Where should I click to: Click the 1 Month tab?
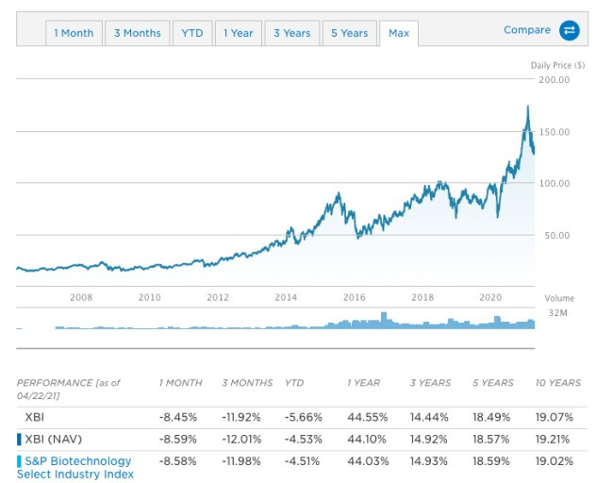click(74, 33)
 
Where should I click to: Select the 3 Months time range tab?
click(138, 33)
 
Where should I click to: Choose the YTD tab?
click(191, 33)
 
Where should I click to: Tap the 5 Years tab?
click(349, 33)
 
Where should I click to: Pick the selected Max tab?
click(399, 33)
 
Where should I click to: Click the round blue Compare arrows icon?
click(570, 31)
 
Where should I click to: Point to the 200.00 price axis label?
click(555, 80)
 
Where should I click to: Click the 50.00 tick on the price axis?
click(557, 235)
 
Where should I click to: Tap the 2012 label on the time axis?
click(219, 297)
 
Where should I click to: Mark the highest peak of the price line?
click(527, 107)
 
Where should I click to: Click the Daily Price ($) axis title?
click(557, 64)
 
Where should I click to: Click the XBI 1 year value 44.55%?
click(364, 416)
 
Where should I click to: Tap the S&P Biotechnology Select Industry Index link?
click(74, 468)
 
